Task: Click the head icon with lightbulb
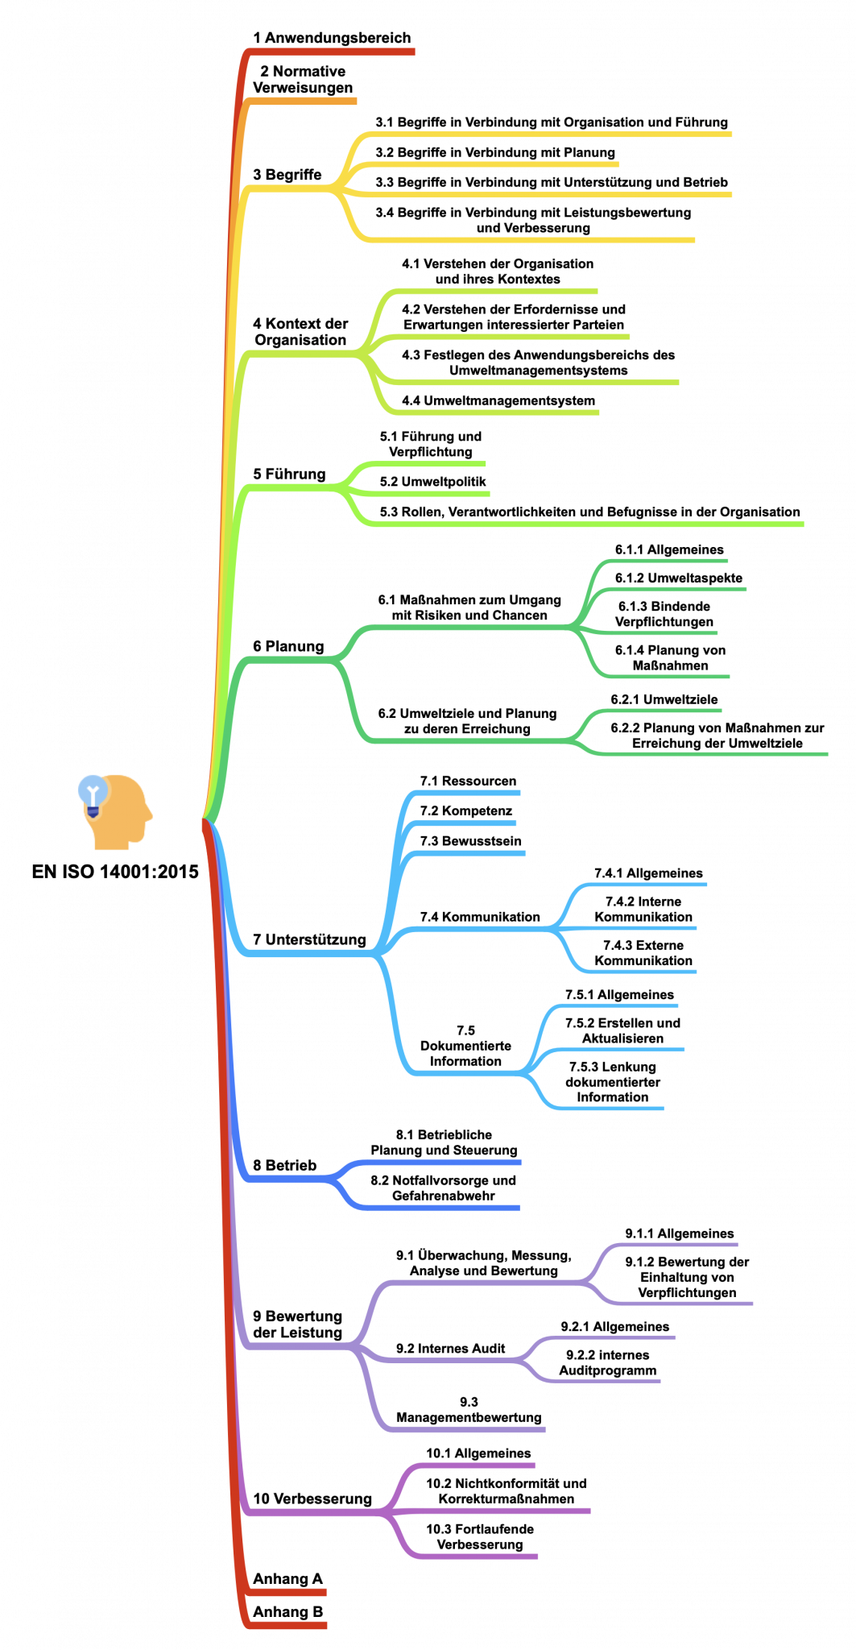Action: [115, 811]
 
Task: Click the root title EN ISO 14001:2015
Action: [115, 872]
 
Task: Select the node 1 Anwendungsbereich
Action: [332, 38]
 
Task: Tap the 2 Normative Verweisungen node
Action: [303, 80]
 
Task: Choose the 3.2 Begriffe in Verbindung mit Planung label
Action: [495, 152]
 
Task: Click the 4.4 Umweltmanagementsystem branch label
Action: [498, 400]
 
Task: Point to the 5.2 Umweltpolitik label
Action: [433, 482]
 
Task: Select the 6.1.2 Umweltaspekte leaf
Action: [679, 578]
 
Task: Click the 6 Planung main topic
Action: [288, 646]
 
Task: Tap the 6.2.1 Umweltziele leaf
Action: [664, 699]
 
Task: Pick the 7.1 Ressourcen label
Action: [468, 781]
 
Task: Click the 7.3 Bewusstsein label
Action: [470, 841]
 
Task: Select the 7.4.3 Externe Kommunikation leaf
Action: [643, 953]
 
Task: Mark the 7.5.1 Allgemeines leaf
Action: [619, 995]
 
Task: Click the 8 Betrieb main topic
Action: [285, 1166]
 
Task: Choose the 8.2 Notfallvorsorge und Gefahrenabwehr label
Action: [443, 1188]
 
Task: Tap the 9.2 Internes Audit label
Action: [450, 1349]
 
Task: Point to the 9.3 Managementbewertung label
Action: [469, 1410]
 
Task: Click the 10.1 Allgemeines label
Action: [478, 1453]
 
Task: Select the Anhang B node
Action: [287, 1612]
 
